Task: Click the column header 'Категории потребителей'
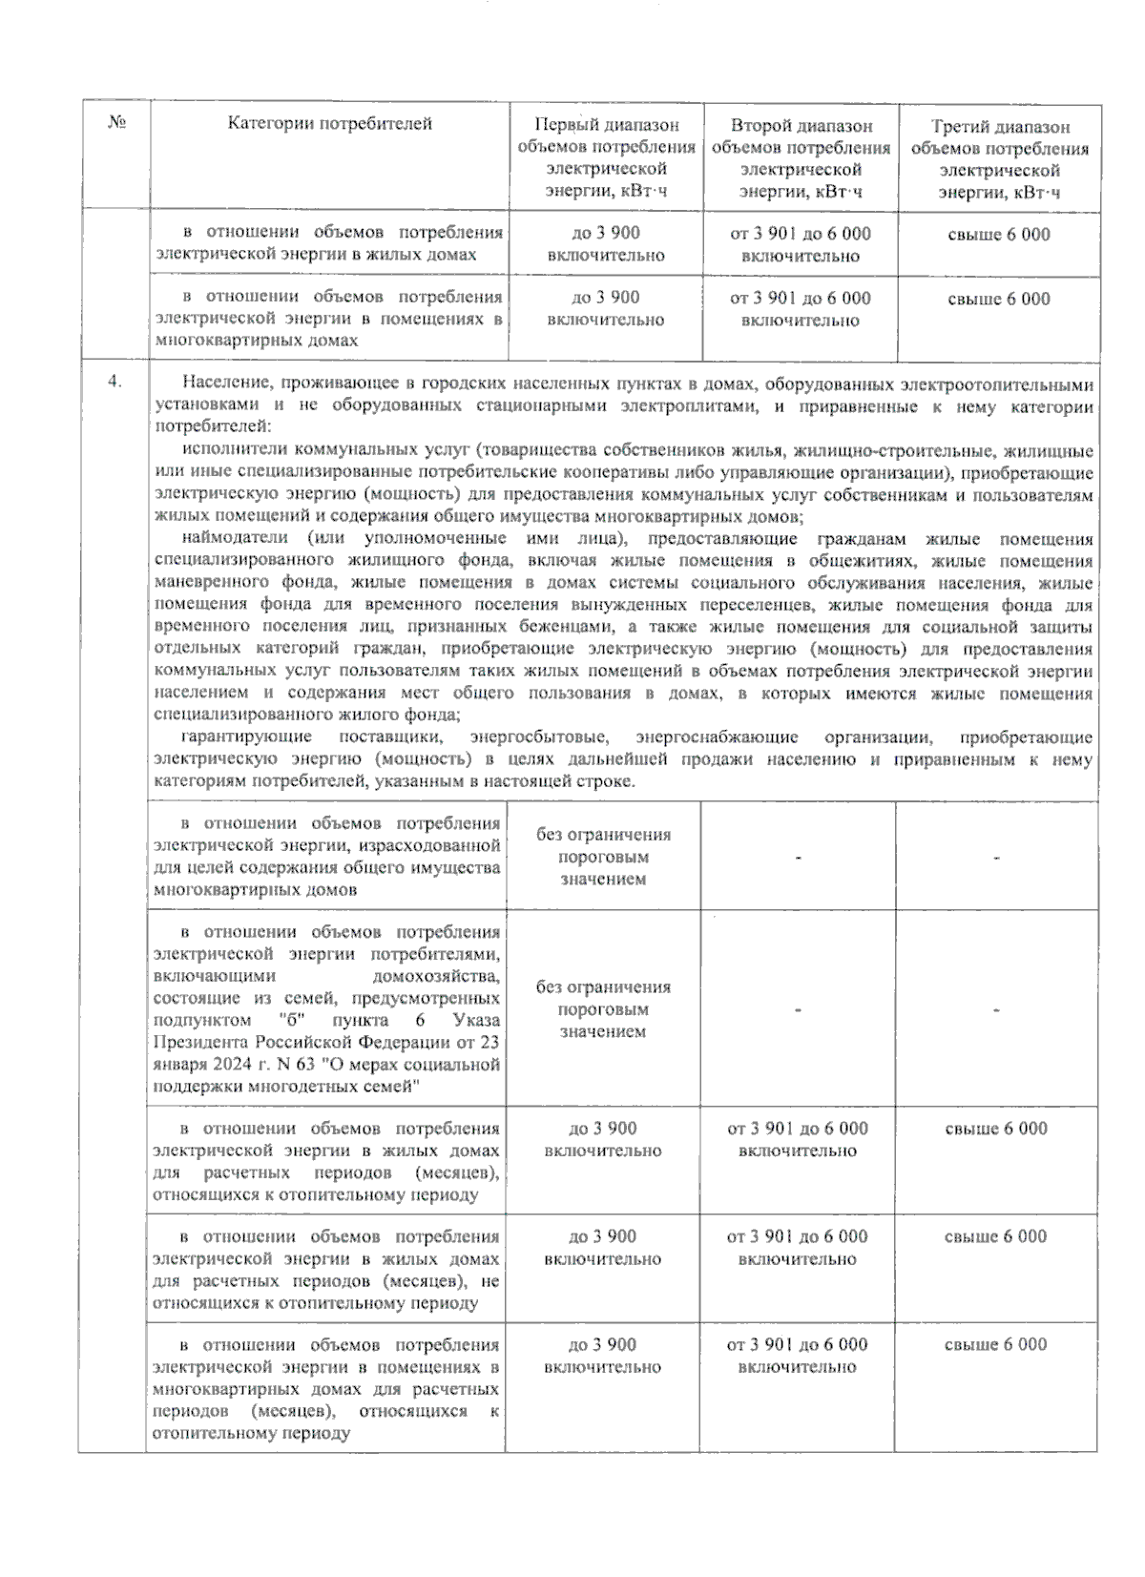pyautogui.click(x=329, y=123)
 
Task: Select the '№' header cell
pyautogui.click(x=116, y=123)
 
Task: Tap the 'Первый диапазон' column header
pyautogui.click(x=606, y=125)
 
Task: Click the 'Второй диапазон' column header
pyautogui.click(x=801, y=125)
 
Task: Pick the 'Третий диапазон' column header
pyautogui.click(x=1000, y=126)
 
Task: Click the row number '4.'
pyautogui.click(x=114, y=382)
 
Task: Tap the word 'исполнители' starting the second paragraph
pyautogui.click(x=235, y=450)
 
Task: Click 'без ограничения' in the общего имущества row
pyautogui.click(x=603, y=835)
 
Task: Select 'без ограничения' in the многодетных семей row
pyautogui.click(x=603, y=987)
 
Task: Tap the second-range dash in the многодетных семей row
pyautogui.click(x=797, y=1010)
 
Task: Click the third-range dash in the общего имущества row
pyautogui.click(x=995, y=858)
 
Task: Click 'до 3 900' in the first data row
pyautogui.click(x=606, y=234)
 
